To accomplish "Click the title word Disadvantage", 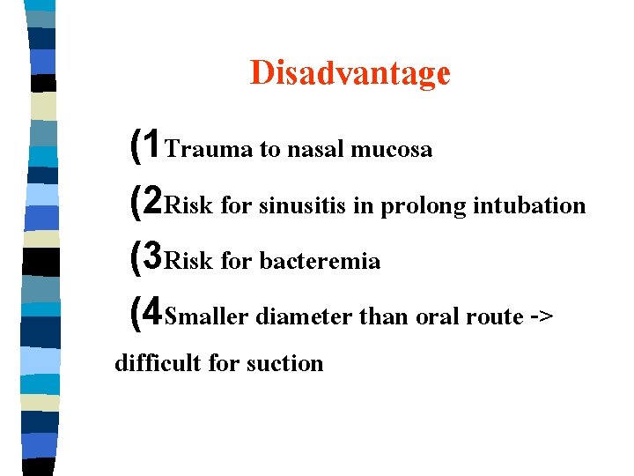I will click(x=350, y=73).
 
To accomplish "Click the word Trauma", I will click(x=209, y=150).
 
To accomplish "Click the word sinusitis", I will click(x=302, y=206).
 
